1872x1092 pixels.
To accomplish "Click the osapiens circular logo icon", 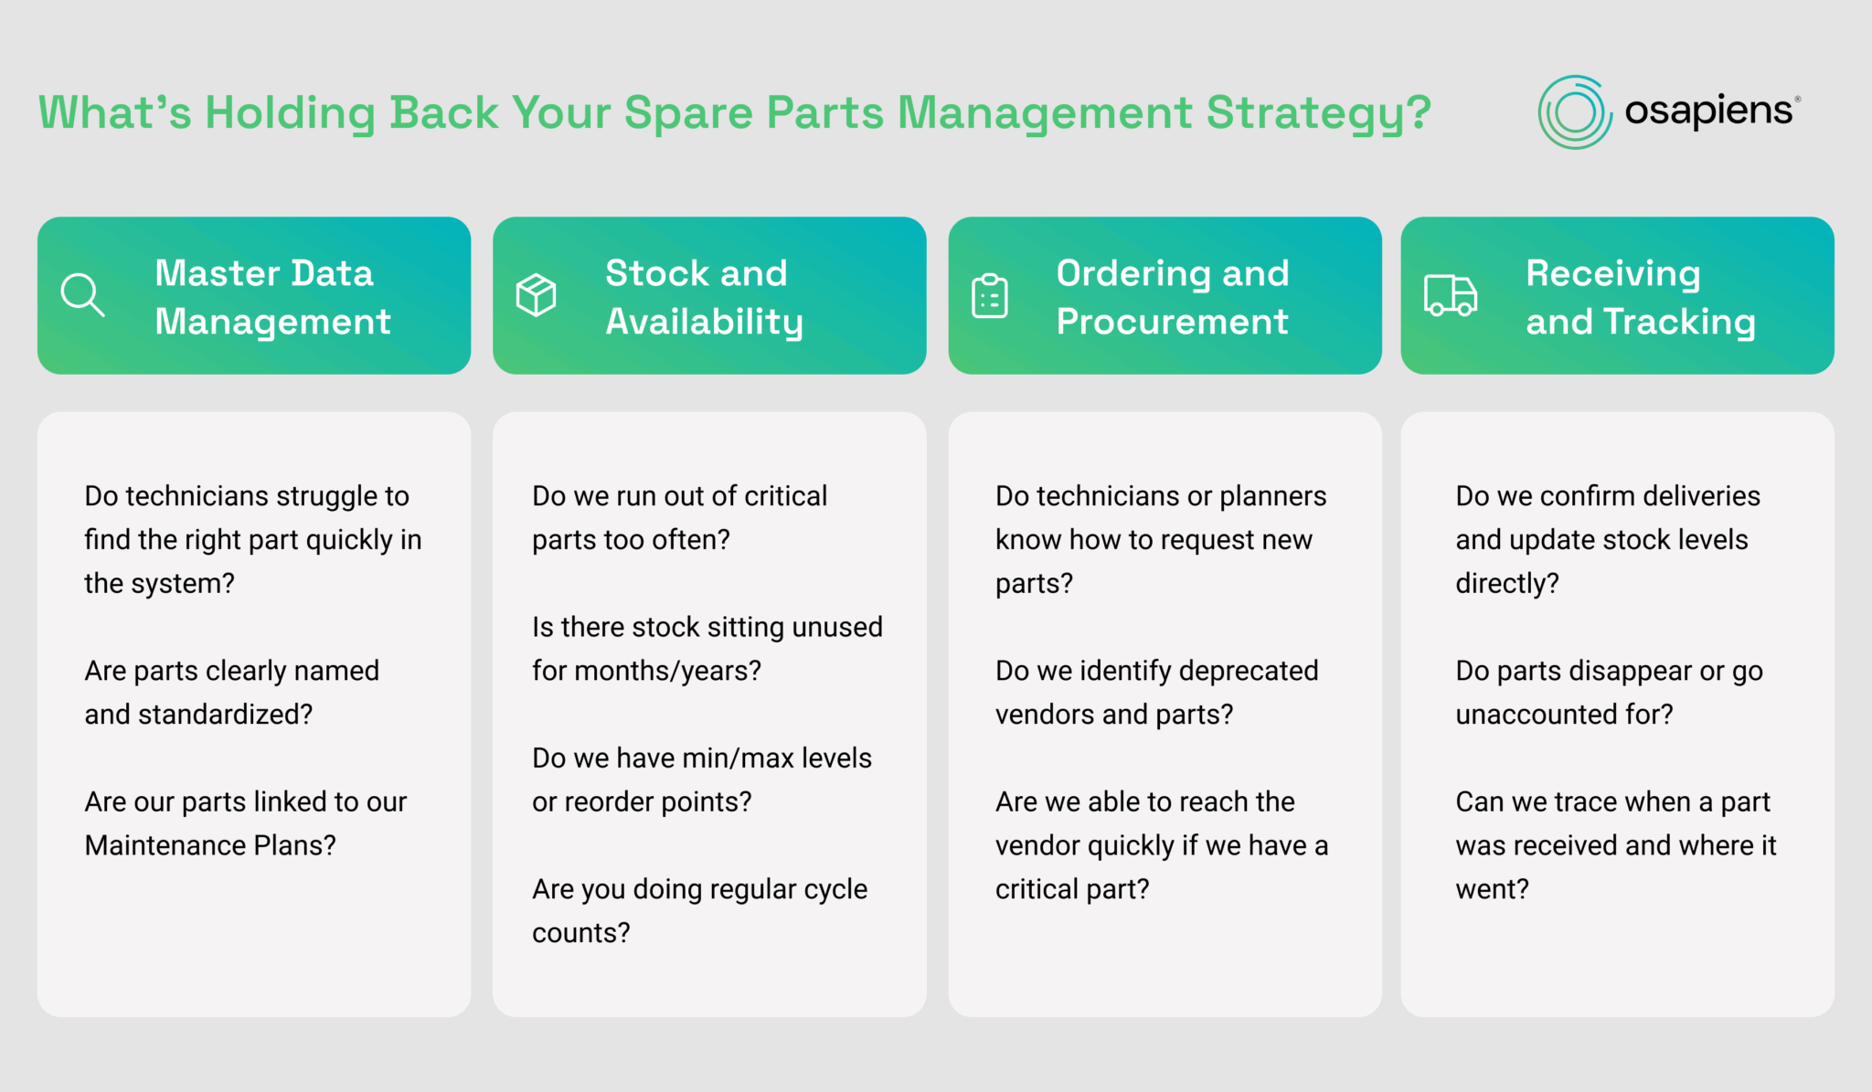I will point(1574,112).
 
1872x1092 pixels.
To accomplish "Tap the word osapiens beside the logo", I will point(1708,111).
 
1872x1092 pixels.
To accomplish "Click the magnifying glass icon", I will point(82,295).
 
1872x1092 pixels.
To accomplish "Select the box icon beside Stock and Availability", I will point(536,295).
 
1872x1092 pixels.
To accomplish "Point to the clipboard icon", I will point(989,296).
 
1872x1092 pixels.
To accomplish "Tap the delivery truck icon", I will point(1450,295).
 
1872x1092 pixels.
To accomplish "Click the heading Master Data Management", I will point(272,297).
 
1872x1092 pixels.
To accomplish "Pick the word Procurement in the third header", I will point(1172,322).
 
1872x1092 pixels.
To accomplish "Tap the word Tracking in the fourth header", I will point(1679,322).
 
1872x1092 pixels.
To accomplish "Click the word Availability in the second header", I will point(704,322).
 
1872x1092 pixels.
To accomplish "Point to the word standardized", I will point(225,714).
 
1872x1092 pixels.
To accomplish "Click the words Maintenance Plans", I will point(209,845).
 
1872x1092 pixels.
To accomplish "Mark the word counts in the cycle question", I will point(580,933).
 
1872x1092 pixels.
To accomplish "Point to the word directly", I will point(1506,583).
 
